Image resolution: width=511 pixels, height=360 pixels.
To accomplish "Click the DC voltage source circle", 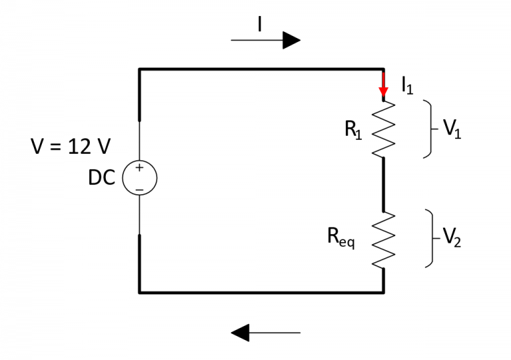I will point(140,178).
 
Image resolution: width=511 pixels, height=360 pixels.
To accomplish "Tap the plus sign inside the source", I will point(140,168).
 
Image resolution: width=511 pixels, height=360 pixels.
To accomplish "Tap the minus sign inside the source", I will point(140,189).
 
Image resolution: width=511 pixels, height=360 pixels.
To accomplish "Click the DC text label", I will point(101,178).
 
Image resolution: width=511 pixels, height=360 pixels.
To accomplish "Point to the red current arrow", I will point(383,85).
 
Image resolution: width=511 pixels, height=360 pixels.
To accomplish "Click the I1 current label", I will point(407,85).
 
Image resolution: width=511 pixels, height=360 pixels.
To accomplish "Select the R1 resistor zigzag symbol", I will point(383,130).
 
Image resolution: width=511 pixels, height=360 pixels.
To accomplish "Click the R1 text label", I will point(353,129).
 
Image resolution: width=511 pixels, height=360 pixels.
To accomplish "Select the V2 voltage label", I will point(452,237).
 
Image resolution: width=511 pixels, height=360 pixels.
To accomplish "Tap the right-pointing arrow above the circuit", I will point(265,41).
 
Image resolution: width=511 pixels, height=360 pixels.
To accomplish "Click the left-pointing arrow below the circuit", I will point(265,332).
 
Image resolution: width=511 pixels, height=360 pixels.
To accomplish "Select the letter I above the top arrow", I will point(260,24).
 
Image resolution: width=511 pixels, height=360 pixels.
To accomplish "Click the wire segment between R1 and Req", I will point(383,185).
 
